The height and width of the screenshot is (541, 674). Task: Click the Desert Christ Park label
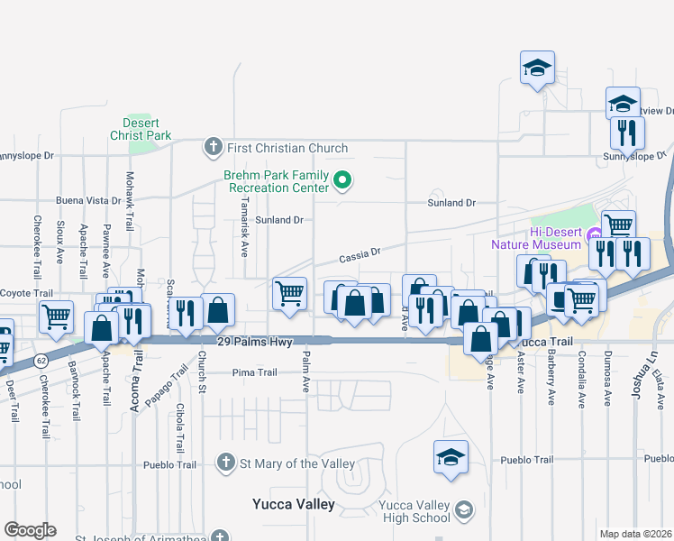141,129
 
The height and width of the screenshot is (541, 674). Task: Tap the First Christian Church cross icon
213,147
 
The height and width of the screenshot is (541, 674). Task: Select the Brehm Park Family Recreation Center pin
342,181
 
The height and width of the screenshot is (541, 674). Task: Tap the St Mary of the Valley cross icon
229,463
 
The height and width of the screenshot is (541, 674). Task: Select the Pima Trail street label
254,372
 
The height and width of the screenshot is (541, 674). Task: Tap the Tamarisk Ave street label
244,226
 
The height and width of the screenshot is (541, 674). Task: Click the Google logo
30,530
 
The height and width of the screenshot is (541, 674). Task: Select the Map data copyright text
635,534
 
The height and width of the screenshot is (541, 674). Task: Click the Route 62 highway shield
41,359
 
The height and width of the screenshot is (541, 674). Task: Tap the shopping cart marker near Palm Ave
289,293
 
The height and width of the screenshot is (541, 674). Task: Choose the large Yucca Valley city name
293,504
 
